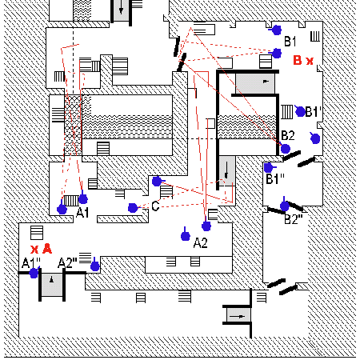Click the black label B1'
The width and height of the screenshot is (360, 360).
(313, 112)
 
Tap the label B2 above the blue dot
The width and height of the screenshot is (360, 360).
(288, 136)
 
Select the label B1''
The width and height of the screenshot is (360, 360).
(275, 179)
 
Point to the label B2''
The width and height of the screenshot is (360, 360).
(294, 219)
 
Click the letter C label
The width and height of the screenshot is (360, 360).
(155, 206)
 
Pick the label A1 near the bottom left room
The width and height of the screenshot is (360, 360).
(82, 213)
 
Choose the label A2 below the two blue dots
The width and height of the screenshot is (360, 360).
(200, 243)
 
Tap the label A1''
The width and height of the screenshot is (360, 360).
(31, 263)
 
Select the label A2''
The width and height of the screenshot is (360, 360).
(67, 263)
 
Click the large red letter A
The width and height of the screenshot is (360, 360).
(47, 249)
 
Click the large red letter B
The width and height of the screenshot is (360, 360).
(298, 60)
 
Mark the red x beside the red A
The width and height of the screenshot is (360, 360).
(34, 250)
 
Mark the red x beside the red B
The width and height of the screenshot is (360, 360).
(310, 61)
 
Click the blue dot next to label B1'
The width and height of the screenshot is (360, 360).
(301, 111)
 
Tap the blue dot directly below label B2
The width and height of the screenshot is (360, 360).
(286, 149)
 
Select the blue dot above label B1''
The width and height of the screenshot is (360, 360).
(268, 168)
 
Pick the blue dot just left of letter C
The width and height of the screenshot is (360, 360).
(133, 208)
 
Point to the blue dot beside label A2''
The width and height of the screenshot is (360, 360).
(95, 266)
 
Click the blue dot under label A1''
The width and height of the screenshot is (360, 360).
(34, 273)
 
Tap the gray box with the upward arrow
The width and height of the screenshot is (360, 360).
(52, 285)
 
